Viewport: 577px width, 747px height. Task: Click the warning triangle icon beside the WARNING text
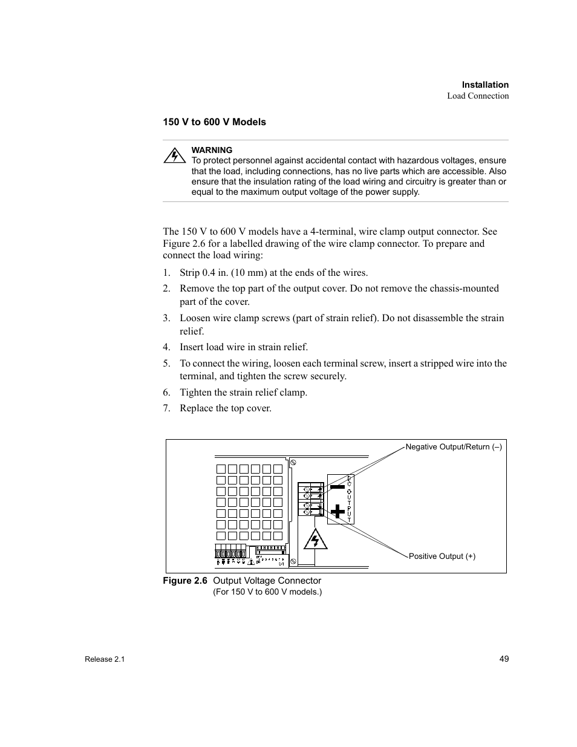coord(174,155)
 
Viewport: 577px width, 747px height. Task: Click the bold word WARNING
coord(212,150)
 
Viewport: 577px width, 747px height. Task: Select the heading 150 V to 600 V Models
coord(214,122)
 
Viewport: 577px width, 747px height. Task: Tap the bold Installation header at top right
coord(485,85)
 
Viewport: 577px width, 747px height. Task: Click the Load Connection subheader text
coord(478,96)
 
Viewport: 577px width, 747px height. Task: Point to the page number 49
coord(504,659)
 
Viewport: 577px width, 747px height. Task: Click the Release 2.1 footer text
coord(105,659)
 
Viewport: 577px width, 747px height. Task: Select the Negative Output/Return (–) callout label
coord(454,447)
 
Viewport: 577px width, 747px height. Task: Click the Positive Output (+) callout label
coord(442,556)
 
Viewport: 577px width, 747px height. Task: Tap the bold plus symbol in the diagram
coord(337,512)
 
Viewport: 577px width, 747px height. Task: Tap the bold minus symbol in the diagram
coord(337,486)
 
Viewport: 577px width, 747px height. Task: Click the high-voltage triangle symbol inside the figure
coord(315,539)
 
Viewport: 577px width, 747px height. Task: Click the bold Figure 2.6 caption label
coord(184,581)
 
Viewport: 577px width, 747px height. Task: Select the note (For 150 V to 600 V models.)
coord(267,592)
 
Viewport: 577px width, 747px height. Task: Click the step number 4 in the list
coord(166,347)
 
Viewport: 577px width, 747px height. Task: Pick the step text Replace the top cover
coord(226,408)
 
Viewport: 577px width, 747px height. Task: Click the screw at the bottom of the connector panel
coord(293,561)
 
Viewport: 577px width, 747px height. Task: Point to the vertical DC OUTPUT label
coord(350,499)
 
